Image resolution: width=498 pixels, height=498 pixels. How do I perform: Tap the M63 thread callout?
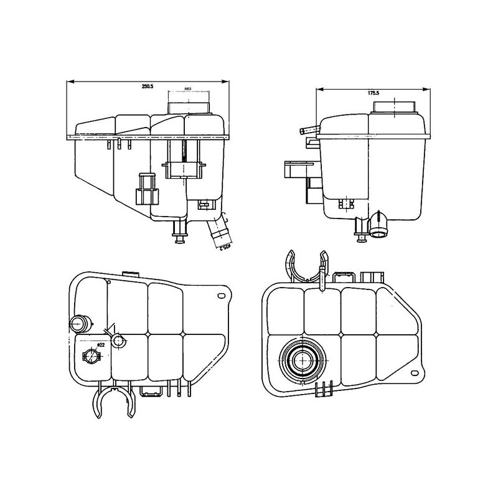point(187,89)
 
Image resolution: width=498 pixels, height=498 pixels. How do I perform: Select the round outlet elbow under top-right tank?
point(379,225)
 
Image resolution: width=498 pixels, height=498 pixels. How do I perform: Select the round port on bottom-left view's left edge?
point(79,324)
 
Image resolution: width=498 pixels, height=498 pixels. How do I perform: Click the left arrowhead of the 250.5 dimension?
point(68,82)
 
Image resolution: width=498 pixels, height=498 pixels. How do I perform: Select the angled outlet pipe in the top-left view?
point(218,232)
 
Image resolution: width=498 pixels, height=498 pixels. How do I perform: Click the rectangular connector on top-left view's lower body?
point(148,189)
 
